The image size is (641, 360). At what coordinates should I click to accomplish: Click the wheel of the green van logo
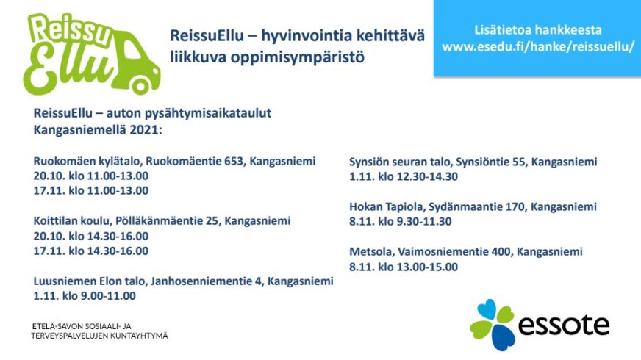click(140, 86)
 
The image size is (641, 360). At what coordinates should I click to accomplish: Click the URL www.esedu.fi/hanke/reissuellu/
click(538, 46)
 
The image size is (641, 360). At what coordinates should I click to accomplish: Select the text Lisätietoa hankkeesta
click(538, 30)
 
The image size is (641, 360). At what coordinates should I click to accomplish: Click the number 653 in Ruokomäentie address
click(234, 161)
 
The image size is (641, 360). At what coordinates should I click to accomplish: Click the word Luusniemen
click(65, 281)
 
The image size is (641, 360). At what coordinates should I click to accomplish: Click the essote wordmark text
click(564, 325)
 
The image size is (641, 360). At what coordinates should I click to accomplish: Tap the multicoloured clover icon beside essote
click(493, 325)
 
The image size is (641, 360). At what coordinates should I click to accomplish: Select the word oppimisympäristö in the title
click(297, 57)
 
